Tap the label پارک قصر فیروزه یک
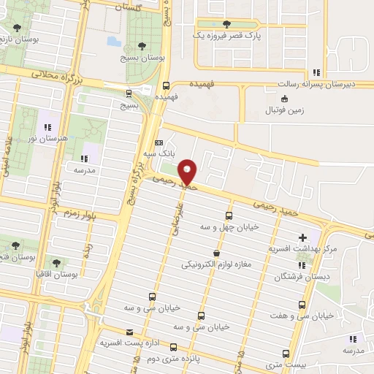pyautogui.click(x=221, y=34)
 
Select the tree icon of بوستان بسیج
pyautogui.click(x=141, y=46)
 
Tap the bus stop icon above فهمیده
pyautogui.click(x=167, y=85)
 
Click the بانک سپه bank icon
pyautogui.click(x=160, y=143)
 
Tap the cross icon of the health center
pyautogui.click(x=303, y=237)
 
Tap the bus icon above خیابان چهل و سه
pyautogui.click(x=229, y=215)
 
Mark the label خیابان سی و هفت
pyautogui.click(x=308, y=316)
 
